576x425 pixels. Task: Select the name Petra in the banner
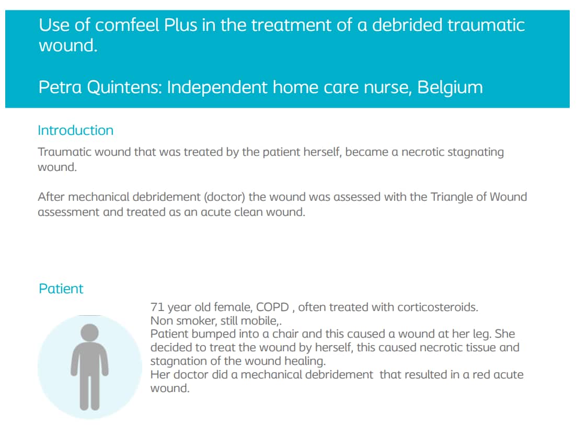pos(60,87)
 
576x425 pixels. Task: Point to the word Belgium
pos(450,87)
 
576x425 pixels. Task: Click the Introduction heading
pos(76,130)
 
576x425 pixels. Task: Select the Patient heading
pos(61,289)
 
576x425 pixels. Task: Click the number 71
pos(157,307)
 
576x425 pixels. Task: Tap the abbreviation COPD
pos(272,307)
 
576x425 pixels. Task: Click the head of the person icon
pos(89,332)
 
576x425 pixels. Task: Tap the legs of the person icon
pos(89,391)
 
